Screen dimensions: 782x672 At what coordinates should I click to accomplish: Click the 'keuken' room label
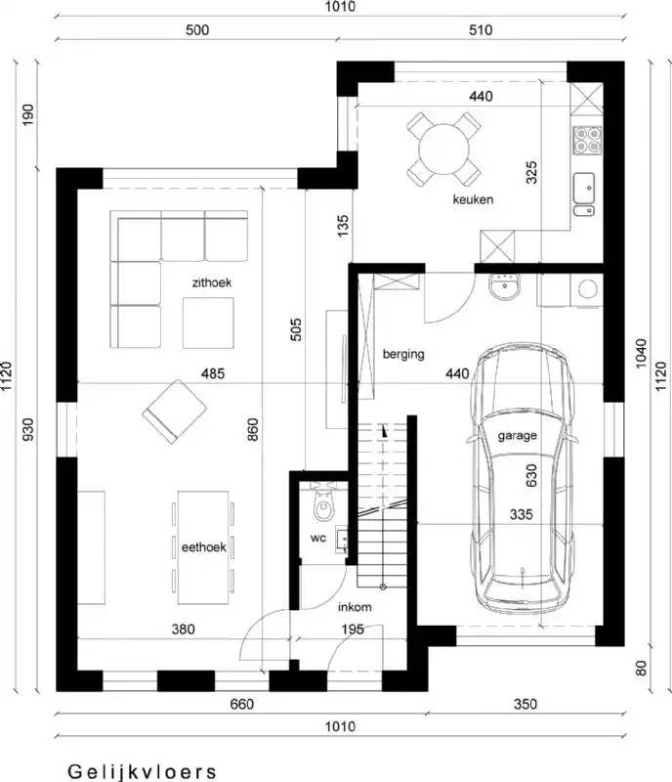click(x=473, y=200)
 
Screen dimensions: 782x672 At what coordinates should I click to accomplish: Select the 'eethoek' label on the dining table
click(x=204, y=546)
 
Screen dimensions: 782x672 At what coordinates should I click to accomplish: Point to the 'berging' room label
click(x=403, y=355)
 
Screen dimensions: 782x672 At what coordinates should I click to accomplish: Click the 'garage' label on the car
click(x=518, y=436)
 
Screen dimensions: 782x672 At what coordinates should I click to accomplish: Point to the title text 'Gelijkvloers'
click(x=143, y=771)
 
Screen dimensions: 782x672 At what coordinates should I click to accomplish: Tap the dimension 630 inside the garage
click(x=532, y=475)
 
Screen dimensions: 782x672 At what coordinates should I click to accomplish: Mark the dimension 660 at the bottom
click(x=241, y=705)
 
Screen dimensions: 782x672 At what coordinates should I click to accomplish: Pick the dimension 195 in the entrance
click(x=353, y=630)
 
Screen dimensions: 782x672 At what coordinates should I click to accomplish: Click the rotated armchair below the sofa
click(x=173, y=408)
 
